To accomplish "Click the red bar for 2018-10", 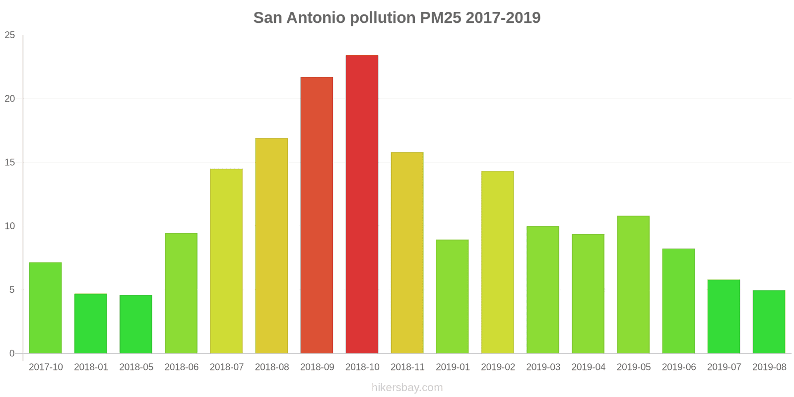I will pos(362,204).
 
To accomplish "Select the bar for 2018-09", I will pos(317,215).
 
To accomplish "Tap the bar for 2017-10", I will pos(45,308).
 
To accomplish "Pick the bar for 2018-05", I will pos(136,324).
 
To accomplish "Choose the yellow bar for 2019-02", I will pos(497,262).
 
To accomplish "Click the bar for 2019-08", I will pos(769,322).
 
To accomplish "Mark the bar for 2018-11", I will pos(407,253).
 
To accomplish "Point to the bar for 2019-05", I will pos(633,284).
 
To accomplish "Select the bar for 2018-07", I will pos(226,261).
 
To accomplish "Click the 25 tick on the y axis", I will pos(10,35).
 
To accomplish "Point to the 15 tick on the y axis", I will pos(10,162).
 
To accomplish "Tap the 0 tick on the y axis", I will pos(12,353).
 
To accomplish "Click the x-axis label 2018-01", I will pos(91,367).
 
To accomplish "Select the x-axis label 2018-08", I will pos(271,367).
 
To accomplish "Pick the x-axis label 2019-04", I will pos(588,367).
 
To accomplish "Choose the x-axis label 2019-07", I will pos(724,367).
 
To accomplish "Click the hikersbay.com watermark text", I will pos(407,388).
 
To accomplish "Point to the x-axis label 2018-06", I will pos(181,367).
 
